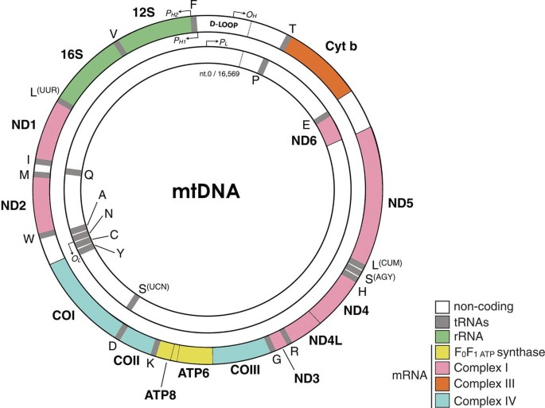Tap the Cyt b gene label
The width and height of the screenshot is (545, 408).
point(341,45)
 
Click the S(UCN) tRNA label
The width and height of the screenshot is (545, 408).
point(154,288)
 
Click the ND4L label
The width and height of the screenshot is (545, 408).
point(326,341)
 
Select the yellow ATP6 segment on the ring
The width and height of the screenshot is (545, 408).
point(195,354)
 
